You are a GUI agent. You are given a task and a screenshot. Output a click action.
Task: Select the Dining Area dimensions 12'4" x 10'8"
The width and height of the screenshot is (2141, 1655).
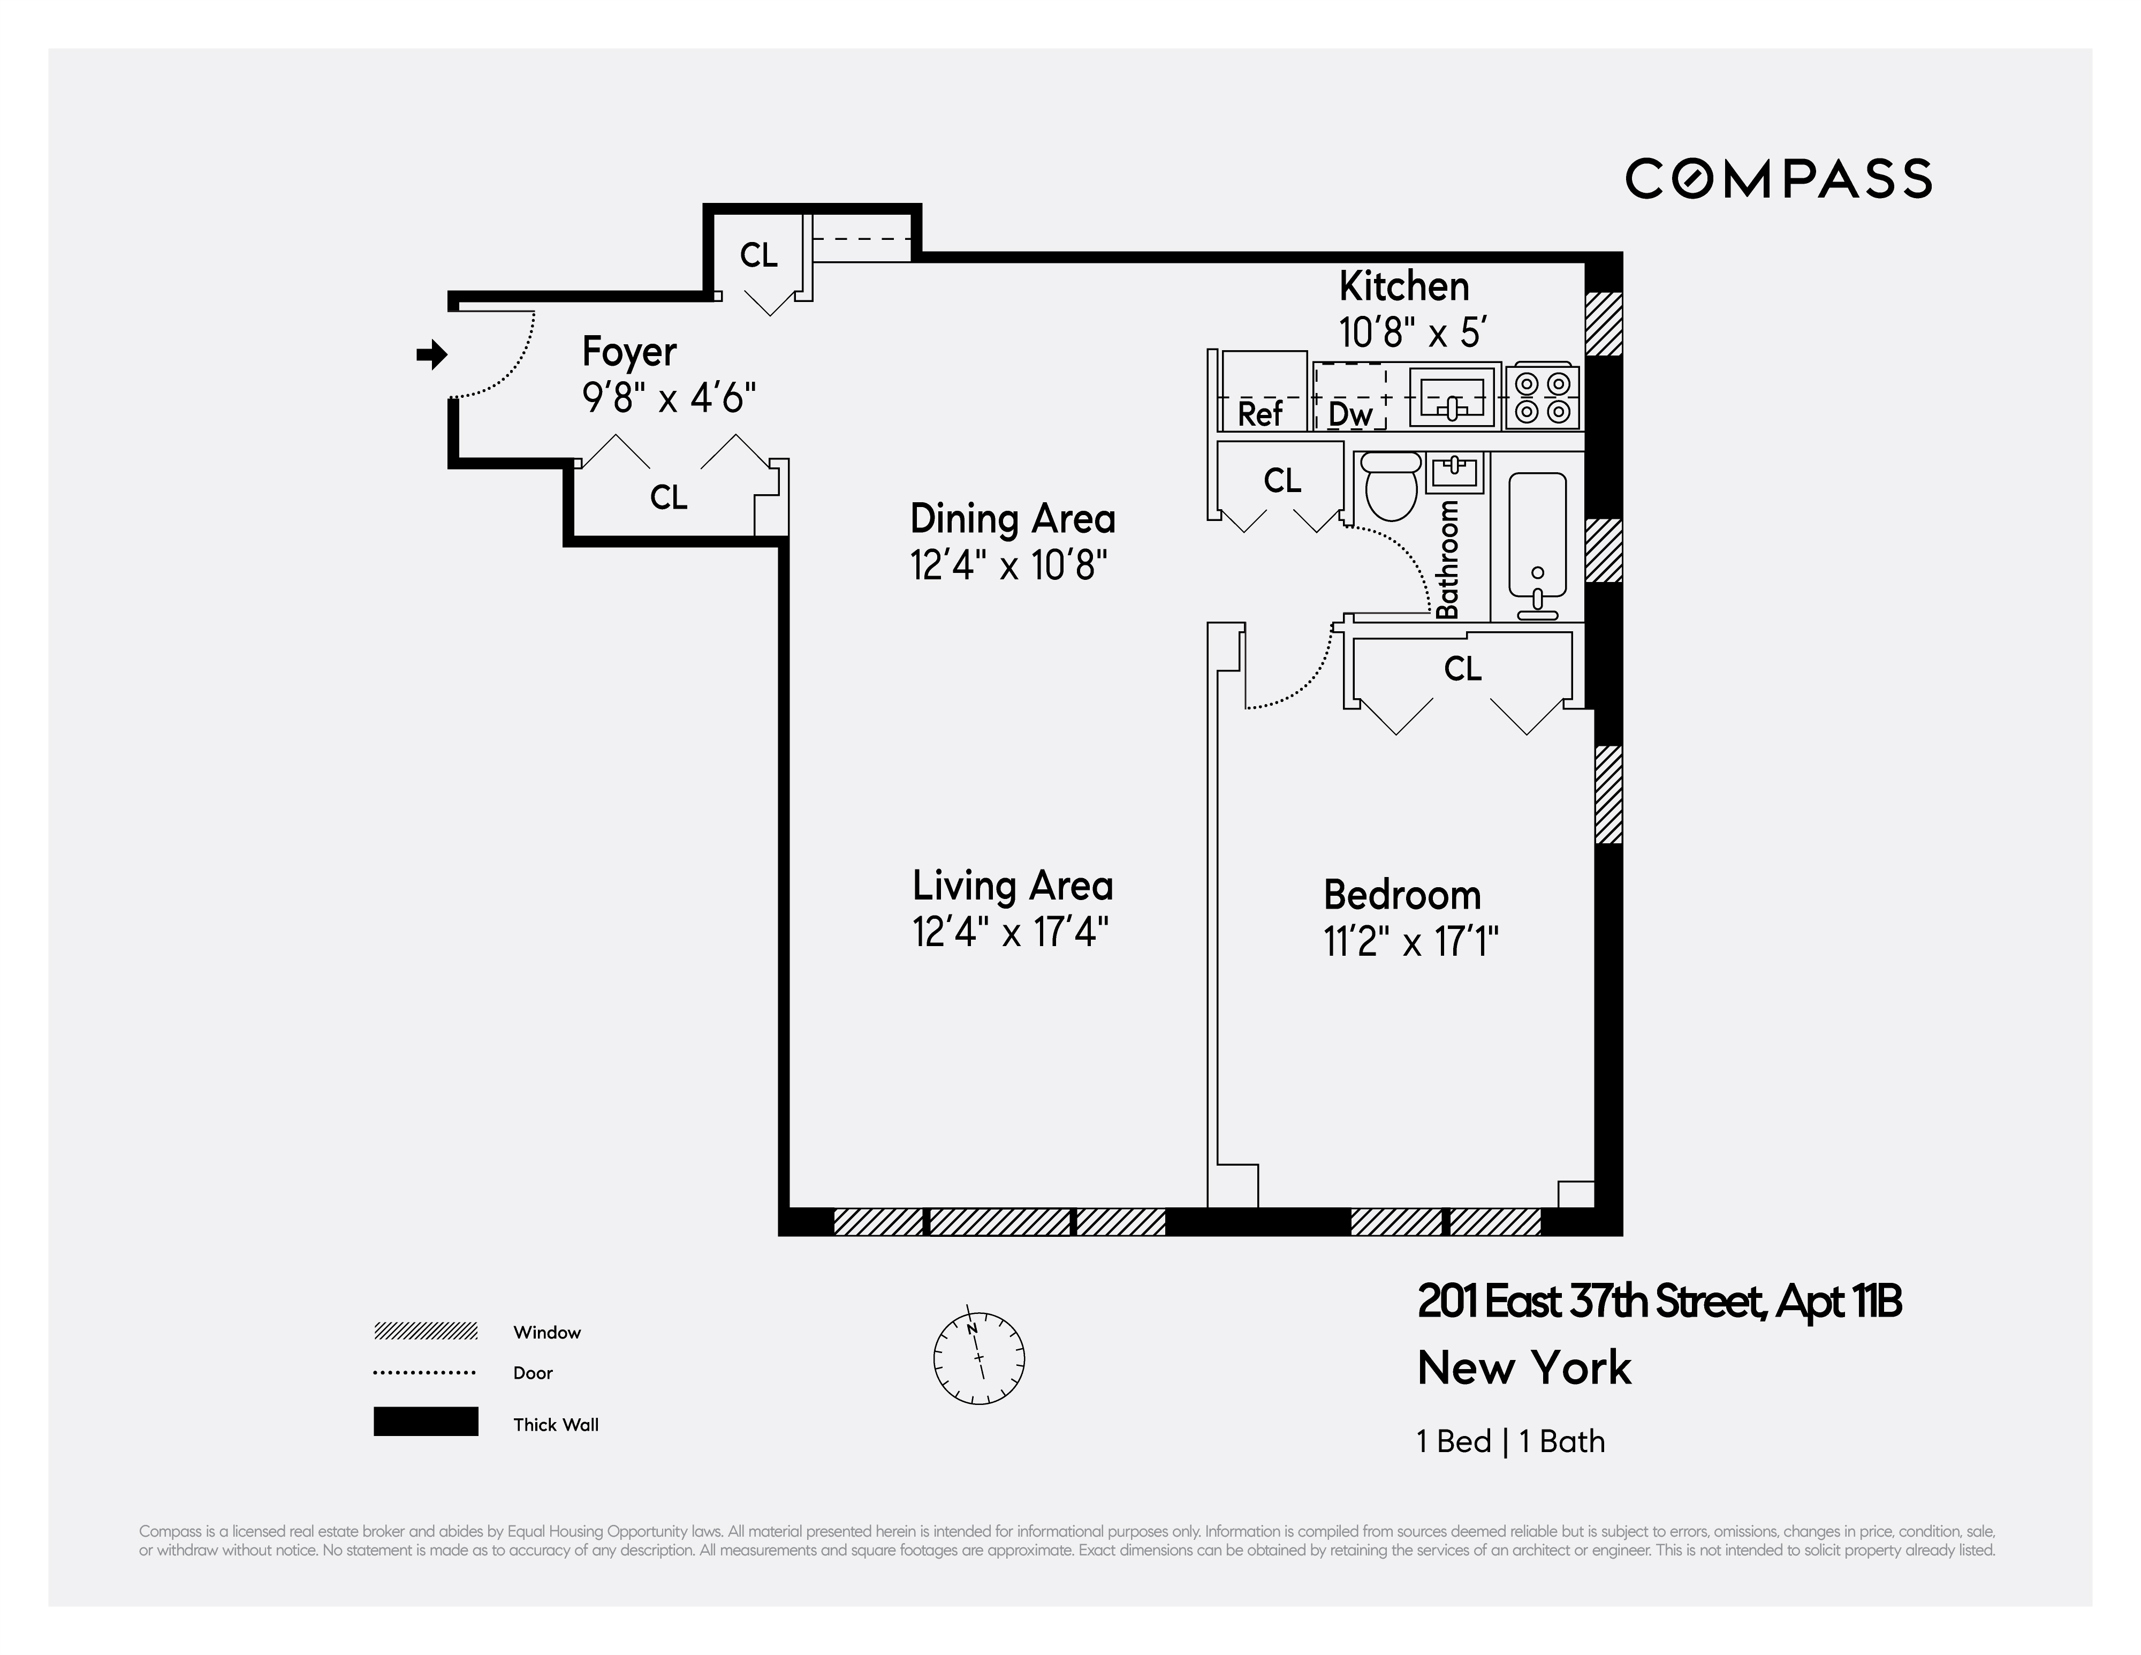tap(1009, 566)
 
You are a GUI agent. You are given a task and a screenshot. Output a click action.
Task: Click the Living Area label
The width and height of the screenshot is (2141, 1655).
tap(1013, 886)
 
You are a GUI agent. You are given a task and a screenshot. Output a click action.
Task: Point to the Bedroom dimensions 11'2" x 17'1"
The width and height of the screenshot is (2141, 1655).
tap(1411, 942)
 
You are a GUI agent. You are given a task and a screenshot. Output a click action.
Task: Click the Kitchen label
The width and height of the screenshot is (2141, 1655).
tap(1404, 286)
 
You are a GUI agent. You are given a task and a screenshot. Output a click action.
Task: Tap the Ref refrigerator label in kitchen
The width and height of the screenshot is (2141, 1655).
tap(1259, 414)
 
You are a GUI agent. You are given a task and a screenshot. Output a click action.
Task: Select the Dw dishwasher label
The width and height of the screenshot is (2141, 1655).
tap(1350, 414)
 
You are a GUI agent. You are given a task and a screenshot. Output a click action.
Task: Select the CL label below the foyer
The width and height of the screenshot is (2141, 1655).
tap(669, 497)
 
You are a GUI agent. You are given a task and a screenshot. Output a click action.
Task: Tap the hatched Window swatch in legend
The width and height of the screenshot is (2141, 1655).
tap(426, 1332)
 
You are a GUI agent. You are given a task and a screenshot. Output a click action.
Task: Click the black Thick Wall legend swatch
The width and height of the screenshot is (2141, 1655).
tap(426, 1422)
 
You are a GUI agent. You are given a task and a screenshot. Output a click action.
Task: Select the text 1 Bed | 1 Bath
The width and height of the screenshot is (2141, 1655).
tap(1510, 1441)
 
